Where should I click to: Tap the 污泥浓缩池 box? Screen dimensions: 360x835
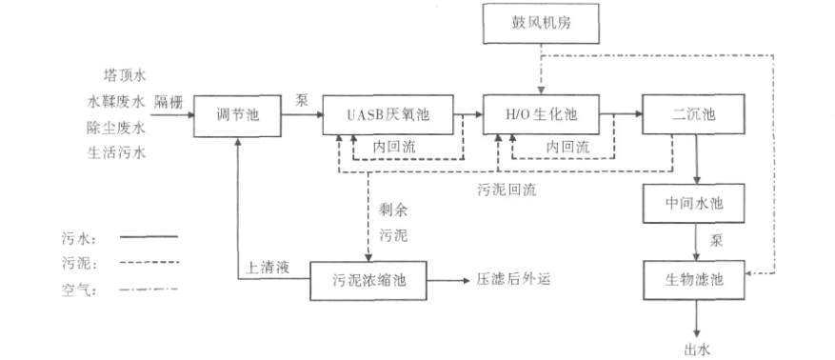point(368,280)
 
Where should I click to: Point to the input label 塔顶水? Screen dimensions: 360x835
point(124,72)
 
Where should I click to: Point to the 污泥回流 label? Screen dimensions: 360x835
point(507,189)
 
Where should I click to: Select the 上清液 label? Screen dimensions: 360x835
point(269,270)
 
